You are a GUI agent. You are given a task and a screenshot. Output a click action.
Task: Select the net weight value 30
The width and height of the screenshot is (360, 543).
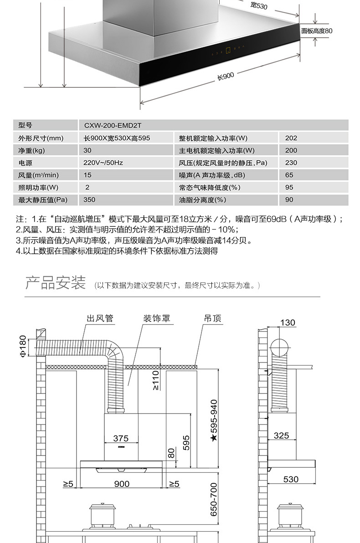(87, 150)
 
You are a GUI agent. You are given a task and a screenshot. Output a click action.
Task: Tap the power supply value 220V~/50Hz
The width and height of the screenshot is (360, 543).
(103, 163)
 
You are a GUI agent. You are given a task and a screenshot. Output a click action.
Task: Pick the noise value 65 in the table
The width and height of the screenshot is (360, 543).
(289, 175)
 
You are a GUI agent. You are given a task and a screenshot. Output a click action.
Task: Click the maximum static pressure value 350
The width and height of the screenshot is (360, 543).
(89, 200)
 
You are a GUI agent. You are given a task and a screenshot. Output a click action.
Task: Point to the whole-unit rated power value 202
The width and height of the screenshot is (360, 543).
(291, 138)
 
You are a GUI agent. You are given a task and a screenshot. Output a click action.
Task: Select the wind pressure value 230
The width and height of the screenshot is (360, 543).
(291, 163)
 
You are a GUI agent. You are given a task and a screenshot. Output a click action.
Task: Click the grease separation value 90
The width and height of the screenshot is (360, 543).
(289, 200)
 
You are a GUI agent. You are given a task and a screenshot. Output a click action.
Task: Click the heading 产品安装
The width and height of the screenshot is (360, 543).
(55, 283)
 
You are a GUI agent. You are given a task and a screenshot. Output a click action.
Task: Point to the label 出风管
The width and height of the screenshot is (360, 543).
(100, 318)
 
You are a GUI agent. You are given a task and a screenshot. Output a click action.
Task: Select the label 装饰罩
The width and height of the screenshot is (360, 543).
(157, 318)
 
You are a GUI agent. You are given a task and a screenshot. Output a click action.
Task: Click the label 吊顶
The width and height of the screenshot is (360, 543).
(212, 318)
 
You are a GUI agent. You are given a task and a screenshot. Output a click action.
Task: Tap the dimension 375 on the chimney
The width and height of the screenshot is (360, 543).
(121, 439)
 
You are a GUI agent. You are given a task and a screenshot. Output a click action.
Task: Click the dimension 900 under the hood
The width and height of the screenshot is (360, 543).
(121, 484)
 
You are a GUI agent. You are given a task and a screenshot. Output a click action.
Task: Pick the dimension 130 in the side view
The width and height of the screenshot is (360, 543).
(288, 323)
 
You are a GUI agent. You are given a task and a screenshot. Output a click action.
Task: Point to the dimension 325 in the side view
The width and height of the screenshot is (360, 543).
(281, 436)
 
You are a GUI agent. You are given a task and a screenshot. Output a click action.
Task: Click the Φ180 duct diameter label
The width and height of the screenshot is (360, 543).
(23, 346)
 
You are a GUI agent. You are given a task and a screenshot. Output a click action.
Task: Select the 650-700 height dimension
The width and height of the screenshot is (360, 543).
(214, 500)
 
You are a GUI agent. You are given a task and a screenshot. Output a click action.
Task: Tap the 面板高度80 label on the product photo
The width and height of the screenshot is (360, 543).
(317, 31)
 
